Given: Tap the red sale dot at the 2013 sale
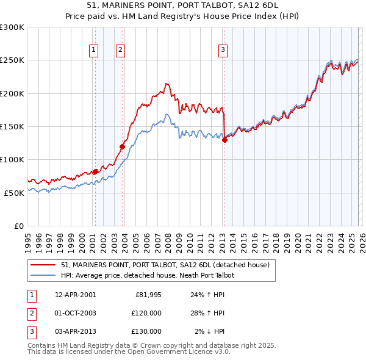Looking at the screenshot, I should (x=224, y=140).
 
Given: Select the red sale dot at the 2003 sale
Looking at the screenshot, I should (x=123, y=146).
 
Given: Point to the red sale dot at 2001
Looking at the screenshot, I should (x=95, y=171).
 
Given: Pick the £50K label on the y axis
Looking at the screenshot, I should (x=14, y=192).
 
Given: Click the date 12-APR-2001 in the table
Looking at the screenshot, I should (x=75, y=295).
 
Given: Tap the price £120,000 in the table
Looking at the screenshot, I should (x=146, y=313).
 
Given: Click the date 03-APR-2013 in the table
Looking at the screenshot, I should (x=75, y=331).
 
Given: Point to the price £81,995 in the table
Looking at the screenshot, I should (x=148, y=295).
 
